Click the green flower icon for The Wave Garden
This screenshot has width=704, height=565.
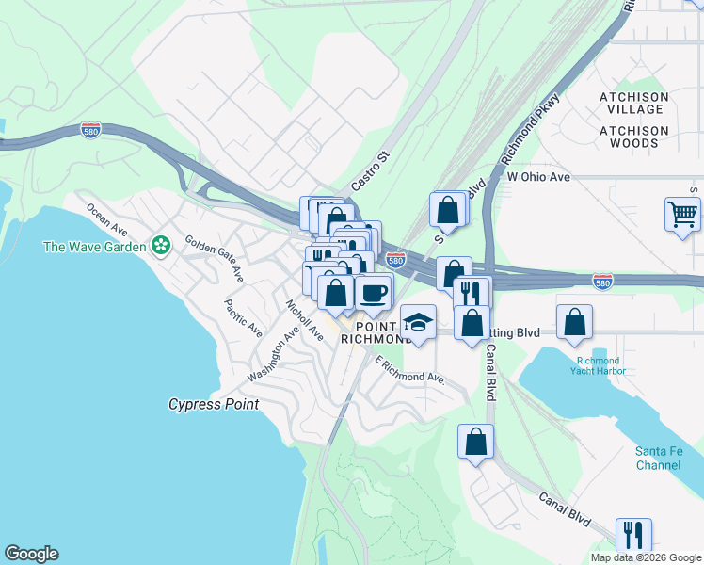(162, 247)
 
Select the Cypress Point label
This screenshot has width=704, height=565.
(213, 404)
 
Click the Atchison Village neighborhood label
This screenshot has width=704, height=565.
(634, 104)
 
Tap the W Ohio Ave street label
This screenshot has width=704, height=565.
(538, 177)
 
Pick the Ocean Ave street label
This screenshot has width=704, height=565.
(106, 218)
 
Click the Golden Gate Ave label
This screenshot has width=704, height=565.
(215, 259)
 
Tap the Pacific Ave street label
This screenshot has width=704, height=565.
(243, 318)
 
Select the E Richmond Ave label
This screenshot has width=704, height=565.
(409, 370)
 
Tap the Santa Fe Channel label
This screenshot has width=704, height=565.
(658, 459)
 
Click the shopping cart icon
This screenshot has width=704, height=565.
(682, 214)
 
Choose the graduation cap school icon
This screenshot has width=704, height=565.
(418, 322)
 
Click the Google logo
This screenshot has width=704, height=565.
(31, 554)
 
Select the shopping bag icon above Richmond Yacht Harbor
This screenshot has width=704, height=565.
(574, 322)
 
